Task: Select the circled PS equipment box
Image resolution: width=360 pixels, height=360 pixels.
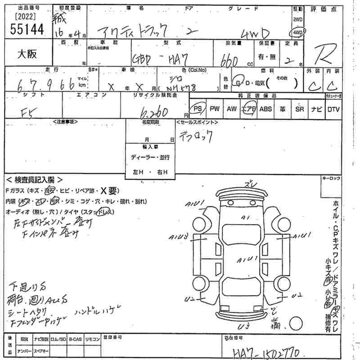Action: coord(197,108)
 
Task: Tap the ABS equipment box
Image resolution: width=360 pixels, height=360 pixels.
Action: coord(266,108)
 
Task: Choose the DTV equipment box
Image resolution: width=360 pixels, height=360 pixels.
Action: coord(333,108)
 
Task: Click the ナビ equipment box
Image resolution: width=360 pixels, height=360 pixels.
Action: coord(316,108)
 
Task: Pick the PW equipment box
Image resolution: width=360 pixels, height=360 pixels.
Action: coord(215,108)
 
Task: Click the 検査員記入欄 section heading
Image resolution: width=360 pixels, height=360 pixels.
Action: coord(33,180)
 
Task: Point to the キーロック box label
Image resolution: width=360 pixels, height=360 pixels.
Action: coord(331,179)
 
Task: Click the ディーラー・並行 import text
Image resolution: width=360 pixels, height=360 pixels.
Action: coord(150,157)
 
